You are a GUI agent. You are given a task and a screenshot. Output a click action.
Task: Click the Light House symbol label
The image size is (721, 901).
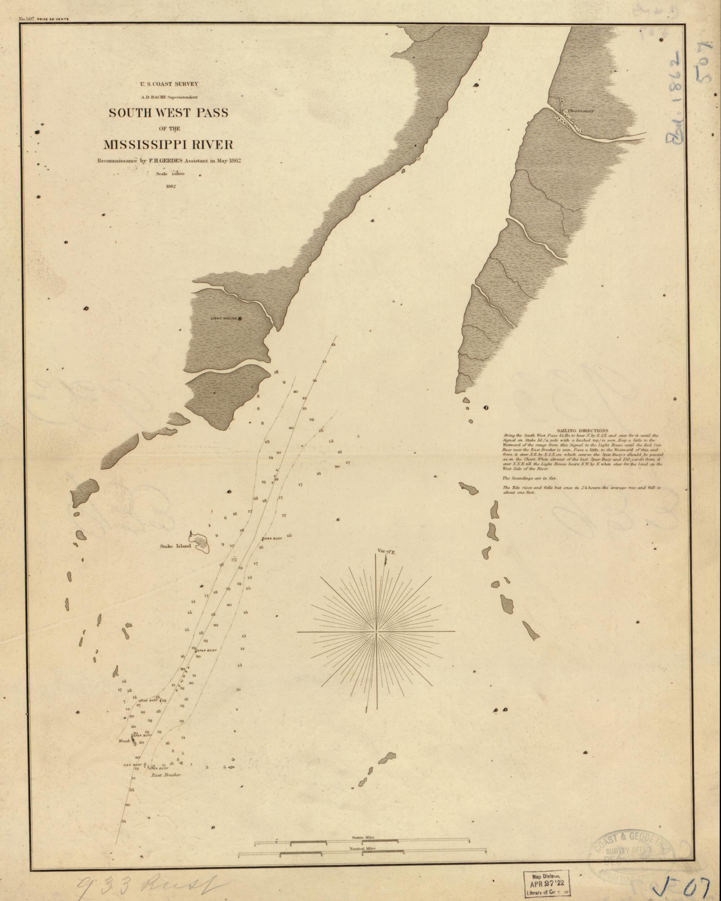pyautogui.click(x=224, y=319)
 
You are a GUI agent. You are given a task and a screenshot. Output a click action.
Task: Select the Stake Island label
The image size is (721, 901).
pyautogui.click(x=175, y=546)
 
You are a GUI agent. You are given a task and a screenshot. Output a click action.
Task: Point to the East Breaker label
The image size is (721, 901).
pyautogui.click(x=166, y=775)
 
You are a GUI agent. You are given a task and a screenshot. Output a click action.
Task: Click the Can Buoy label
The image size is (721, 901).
pyautogui.click(x=133, y=765)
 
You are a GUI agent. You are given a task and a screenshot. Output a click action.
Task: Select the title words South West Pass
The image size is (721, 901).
pyautogui.click(x=168, y=113)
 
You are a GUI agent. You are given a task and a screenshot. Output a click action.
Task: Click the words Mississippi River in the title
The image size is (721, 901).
pyautogui.click(x=168, y=145)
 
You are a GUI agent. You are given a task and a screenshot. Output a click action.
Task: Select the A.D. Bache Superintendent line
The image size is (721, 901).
pyautogui.click(x=169, y=97)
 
